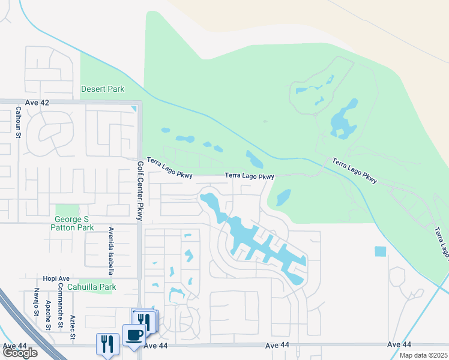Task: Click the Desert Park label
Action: pos(103,89)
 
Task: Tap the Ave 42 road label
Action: pos(37,103)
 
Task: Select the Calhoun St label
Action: pos(19,121)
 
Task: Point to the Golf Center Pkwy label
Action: pos(140,191)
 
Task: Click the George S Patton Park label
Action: pos(74,224)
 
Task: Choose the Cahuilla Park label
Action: pos(92,287)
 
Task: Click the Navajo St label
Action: pos(37,302)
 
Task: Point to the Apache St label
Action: pos(47,317)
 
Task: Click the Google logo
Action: pos(20,353)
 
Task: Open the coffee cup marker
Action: pos(134,335)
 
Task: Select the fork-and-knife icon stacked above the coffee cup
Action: pos(144,320)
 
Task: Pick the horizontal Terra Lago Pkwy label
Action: pos(249,176)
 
